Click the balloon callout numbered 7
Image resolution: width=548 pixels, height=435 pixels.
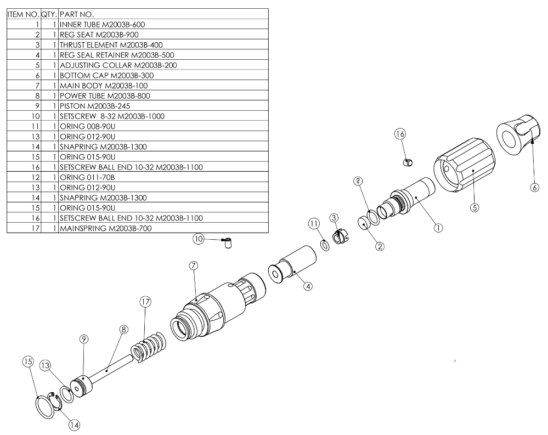[x=193, y=265]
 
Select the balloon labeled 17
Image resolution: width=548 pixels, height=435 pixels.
[x=145, y=301]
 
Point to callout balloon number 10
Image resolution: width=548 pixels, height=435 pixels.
[x=198, y=239]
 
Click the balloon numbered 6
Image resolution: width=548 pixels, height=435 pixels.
[x=534, y=187]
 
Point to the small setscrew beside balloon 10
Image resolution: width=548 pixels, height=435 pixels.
[x=225, y=242]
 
